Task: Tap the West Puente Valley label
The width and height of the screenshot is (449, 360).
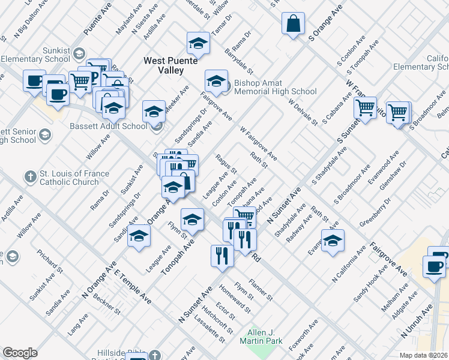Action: (163, 65)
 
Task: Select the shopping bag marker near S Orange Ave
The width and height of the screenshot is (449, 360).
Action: (294, 25)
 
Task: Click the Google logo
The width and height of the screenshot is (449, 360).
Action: (20, 353)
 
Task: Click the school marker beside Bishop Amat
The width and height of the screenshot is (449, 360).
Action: (216, 80)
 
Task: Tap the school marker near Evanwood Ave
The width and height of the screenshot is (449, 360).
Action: (333, 241)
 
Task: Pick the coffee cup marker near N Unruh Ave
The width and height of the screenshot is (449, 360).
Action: (434, 266)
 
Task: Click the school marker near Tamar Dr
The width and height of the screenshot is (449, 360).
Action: (198, 43)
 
